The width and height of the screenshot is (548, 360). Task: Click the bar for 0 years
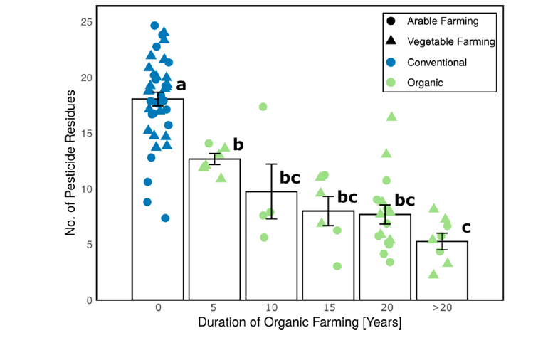(x=157, y=213)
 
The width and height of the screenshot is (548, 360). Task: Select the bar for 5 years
(x=214, y=235)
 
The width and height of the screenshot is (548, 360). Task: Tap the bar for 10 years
(x=271, y=249)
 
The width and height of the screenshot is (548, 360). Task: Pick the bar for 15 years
(x=328, y=260)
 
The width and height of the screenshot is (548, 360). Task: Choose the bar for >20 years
(x=441, y=274)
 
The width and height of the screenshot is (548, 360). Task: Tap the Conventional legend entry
(x=436, y=63)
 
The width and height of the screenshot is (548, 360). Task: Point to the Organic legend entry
(x=425, y=83)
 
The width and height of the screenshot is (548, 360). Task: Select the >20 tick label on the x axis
(x=441, y=308)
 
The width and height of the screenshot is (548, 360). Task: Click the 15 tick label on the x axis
(x=328, y=308)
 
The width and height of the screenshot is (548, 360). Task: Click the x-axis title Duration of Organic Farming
(x=299, y=324)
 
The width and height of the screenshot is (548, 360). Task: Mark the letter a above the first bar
(x=181, y=85)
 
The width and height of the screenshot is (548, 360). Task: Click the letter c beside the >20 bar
(x=466, y=228)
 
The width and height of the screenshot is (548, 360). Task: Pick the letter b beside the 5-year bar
(x=238, y=145)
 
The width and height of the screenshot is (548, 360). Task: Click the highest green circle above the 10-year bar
(x=263, y=107)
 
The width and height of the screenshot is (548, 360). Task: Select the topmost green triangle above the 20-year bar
(x=391, y=117)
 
